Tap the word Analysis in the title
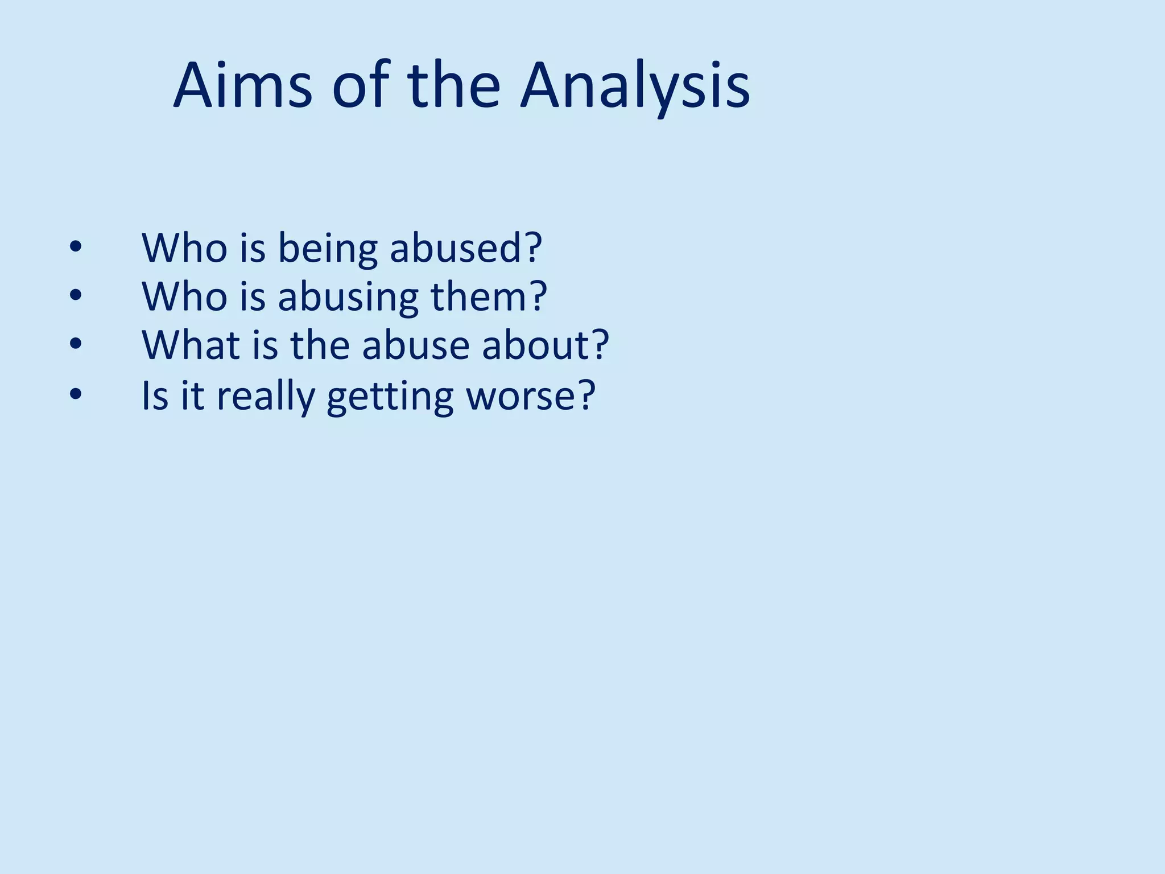635,86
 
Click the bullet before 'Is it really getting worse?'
75,394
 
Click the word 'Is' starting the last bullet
155,394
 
